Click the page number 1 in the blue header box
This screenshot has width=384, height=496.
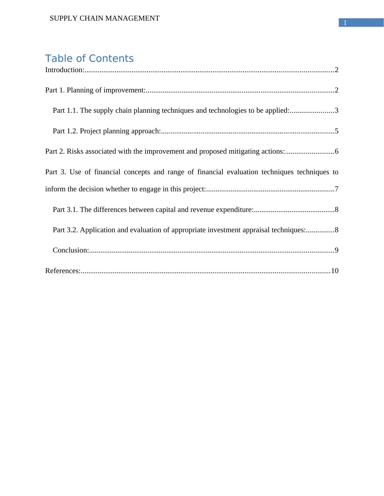(345, 23)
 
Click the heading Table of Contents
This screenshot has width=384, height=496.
(89, 59)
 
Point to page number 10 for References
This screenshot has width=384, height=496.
(335, 271)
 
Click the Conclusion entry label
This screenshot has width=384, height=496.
(70, 250)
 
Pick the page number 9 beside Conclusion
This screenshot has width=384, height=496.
(337, 250)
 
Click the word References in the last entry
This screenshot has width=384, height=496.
(62, 271)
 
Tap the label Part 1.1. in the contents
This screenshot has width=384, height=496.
(66, 110)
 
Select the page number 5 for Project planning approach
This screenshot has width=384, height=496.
(337, 131)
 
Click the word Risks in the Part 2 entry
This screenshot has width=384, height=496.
(75, 151)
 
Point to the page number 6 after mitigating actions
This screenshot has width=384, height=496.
(337, 151)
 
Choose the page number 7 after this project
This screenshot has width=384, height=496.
(337, 189)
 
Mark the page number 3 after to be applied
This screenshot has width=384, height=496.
(337, 110)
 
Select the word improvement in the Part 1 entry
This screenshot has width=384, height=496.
(123, 90)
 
